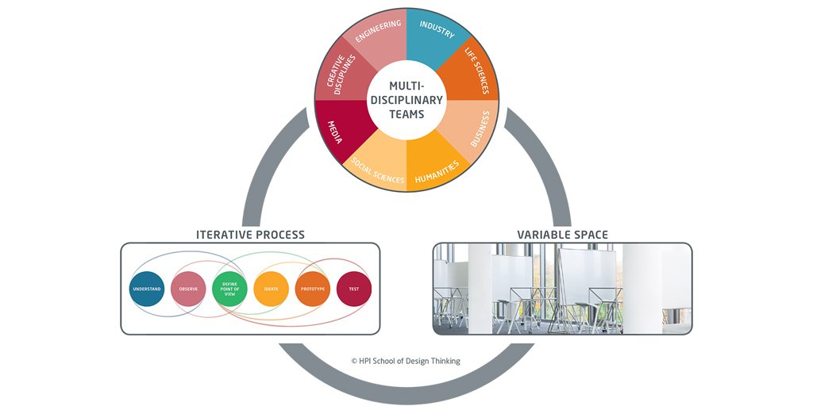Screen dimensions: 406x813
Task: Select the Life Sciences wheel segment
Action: tap(475, 71)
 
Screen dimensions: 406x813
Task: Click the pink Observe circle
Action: tap(189, 289)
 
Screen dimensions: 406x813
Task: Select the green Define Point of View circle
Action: tap(230, 289)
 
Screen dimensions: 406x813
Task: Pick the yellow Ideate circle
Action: tap(272, 289)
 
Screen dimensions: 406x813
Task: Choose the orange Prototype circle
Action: tap(313, 289)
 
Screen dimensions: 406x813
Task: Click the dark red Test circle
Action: tap(354, 289)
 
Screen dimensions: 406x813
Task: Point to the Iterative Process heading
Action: tap(250, 235)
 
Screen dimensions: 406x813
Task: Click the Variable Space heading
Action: tap(562, 235)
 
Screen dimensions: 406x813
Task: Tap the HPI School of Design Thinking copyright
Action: tap(406, 361)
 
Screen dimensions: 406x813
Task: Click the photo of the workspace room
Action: tap(562, 289)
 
